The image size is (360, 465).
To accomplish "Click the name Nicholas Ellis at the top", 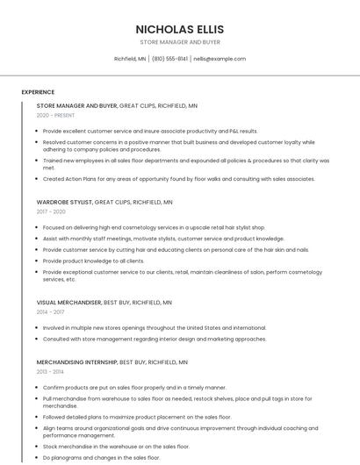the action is (179, 29).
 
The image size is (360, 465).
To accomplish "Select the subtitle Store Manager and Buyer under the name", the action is (179, 42).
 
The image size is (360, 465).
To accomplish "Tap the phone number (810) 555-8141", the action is (169, 59).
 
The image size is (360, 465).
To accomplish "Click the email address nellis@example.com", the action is (220, 59).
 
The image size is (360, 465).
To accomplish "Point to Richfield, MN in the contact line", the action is (130, 59).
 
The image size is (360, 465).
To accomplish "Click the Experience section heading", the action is (38, 92).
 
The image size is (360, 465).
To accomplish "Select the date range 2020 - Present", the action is (55, 115).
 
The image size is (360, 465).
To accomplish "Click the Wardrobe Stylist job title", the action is (63, 202).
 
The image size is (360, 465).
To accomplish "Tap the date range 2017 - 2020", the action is (51, 211).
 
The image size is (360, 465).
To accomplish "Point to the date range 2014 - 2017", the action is (51, 311).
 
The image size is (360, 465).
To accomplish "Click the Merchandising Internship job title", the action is (76, 361).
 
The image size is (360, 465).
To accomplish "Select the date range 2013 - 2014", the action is (51, 371).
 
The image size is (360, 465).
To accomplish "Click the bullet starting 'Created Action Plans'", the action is (178, 178).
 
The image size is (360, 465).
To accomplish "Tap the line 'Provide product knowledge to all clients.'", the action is (93, 261).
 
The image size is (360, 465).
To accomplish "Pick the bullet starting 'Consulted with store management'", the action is (154, 339).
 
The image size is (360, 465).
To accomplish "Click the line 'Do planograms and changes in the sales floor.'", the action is (101, 457).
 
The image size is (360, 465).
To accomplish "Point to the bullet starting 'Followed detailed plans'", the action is (136, 417).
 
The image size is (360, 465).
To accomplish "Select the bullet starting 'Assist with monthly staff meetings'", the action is (163, 238).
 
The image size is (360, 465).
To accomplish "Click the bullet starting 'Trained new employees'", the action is (185, 160).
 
